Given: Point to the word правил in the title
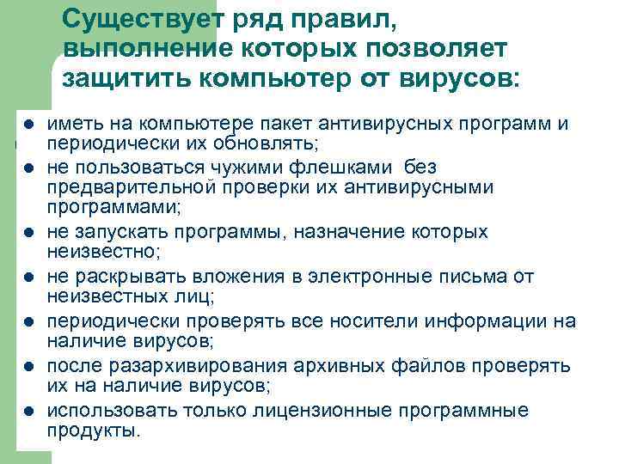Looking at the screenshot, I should tap(335, 20).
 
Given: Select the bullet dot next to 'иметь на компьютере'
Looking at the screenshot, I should tap(28, 125).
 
